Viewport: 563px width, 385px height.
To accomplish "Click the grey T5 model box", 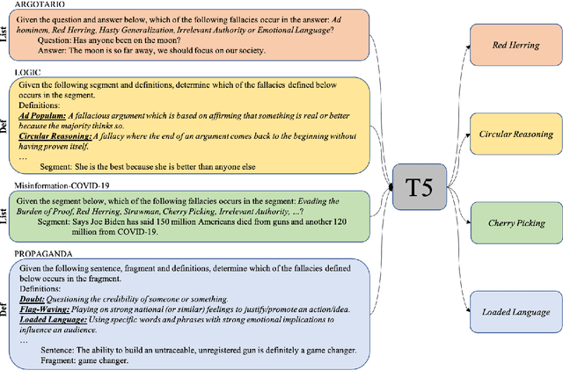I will [419, 188].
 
